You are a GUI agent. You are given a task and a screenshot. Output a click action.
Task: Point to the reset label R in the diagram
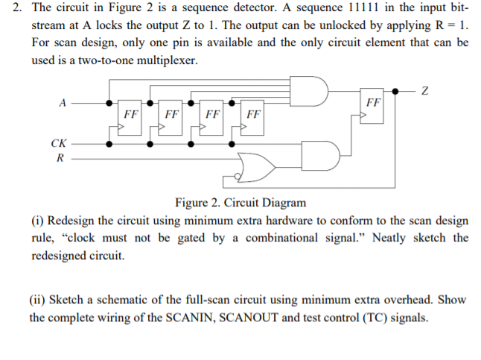coord(60,158)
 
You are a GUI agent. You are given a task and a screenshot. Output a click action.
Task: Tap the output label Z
coord(425,91)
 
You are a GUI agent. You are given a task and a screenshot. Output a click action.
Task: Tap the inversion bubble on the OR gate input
coord(238,177)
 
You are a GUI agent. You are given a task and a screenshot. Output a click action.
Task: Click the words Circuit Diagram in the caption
coord(267,203)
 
